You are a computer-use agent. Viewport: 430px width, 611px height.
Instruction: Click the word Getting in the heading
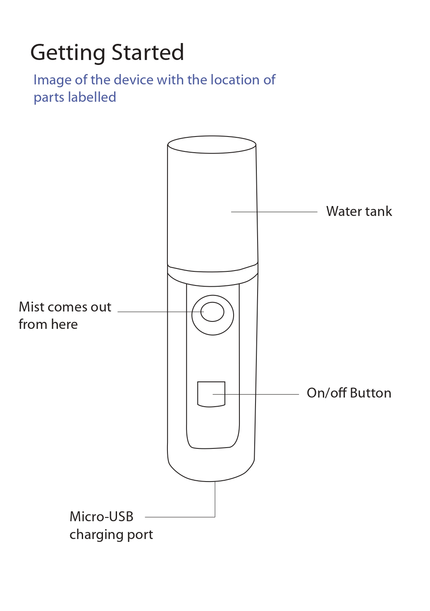pos(68,53)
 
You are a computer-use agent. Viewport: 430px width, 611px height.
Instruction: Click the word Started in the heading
pos(148,53)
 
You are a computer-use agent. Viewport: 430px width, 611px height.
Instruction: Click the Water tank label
pos(359,211)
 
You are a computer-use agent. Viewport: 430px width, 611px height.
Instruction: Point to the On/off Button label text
pos(349,393)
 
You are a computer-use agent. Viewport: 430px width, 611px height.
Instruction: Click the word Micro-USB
pos(101,517)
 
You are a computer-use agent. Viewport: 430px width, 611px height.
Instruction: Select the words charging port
pos(111,534)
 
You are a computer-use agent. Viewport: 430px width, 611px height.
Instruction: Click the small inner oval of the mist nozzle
pos(213,312)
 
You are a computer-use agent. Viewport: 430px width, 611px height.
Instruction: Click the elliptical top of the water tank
pos(212,145)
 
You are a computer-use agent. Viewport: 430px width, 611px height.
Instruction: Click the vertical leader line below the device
pos(215,498)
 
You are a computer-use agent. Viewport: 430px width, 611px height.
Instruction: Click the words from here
pos(48,324)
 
